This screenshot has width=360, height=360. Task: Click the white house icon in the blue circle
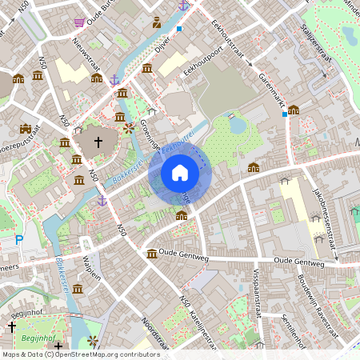click(179, 172)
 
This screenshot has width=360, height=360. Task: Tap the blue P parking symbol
click(19, 239)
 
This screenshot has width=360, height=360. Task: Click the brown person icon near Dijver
click(157, 22)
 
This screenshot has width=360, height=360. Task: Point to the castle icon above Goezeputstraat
click(26, 129)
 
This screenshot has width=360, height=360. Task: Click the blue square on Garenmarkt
click(285, 114)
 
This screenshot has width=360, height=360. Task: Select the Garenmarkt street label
click(273, 90)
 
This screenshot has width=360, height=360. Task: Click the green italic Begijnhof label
click(33, 338)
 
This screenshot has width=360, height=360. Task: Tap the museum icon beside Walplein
click(78, 289)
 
